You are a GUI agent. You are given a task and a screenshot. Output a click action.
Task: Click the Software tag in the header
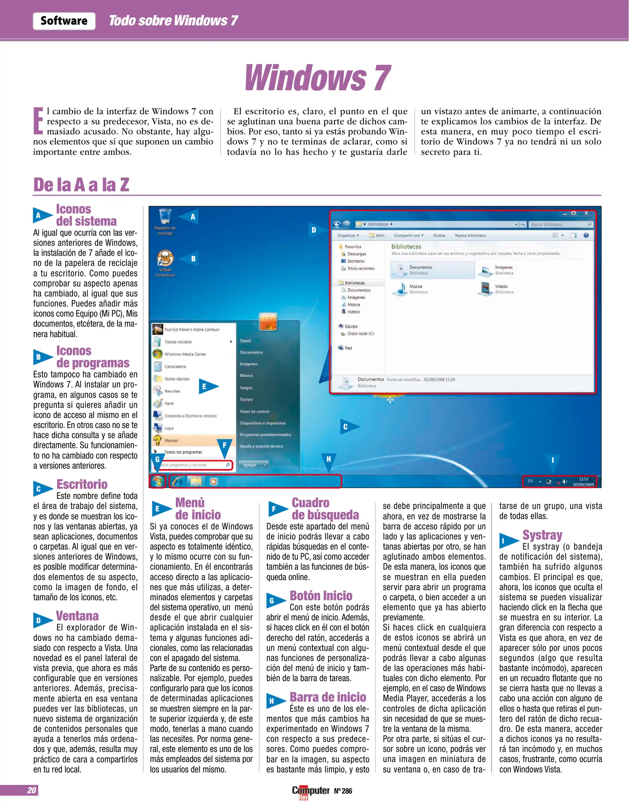point(64,21)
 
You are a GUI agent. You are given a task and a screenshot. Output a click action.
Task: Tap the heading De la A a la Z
point(81,185)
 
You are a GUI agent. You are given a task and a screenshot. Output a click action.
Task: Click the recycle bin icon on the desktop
point(165,217)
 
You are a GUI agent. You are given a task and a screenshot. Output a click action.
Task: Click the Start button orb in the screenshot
point(158,481)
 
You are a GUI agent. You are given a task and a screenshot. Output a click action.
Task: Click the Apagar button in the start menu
point(250,465)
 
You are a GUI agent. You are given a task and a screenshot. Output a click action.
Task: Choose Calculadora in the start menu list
point(175,367)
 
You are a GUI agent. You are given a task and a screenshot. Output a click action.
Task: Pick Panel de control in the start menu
point(255,412)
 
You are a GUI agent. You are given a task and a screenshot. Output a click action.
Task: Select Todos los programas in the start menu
point(183,452)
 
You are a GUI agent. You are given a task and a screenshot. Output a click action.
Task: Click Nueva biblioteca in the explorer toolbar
point(470,235)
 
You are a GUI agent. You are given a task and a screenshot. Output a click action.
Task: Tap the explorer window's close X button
point(586,214)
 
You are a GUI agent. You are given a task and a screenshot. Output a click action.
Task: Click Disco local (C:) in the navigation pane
point(360,334)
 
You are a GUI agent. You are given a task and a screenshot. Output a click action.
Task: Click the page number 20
point(32,790)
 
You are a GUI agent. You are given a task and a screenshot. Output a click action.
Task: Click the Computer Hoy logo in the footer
point(311,791)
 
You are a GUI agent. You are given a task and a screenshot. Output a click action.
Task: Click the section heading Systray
point(542,535)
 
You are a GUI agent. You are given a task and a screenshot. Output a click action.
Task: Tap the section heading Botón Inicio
point(321,595)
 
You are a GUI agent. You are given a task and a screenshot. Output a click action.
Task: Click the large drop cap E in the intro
point(38,121)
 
